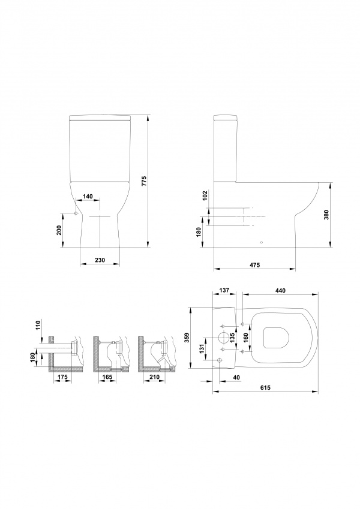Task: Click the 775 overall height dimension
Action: point(145,181)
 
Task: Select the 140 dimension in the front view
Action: point(88,196)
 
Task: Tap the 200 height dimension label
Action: point(59,230)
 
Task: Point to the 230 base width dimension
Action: point(100,260)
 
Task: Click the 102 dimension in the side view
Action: point(205,195)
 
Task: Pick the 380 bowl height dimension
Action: point(326,215)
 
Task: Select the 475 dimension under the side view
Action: point(255,265)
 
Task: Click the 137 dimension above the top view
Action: point(224,290)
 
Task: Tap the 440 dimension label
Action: point(280,291)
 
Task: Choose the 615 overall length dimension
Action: point(265,387)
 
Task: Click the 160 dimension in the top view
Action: point(246,338)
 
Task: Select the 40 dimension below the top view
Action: point(236,377)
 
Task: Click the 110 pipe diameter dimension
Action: point(38,325)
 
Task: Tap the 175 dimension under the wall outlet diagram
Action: point(62,377)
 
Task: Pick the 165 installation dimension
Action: point(107,377)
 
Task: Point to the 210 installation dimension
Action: point(155,377)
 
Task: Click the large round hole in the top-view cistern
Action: point(223,338)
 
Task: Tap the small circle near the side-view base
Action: point(262,242)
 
